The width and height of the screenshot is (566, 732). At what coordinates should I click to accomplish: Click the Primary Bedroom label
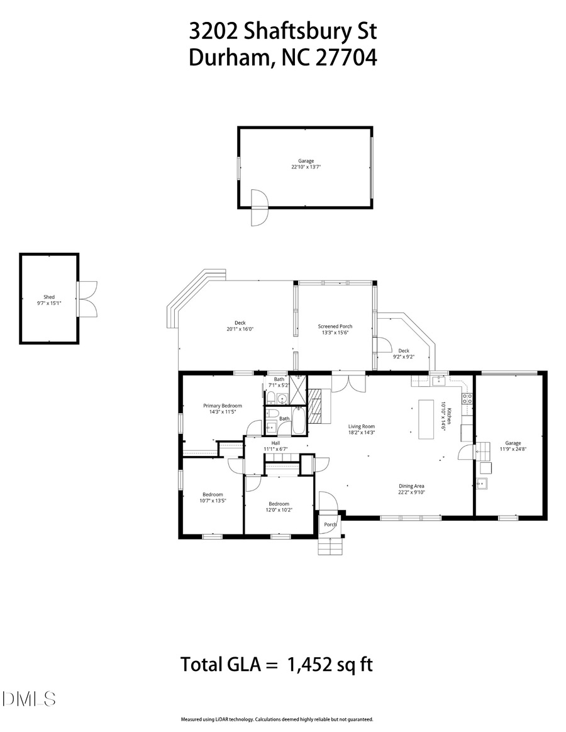tap(222, 406)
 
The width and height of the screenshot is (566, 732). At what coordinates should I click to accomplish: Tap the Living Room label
tap(362, 426)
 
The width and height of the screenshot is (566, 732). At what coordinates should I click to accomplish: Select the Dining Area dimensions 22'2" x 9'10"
tap(412, 492)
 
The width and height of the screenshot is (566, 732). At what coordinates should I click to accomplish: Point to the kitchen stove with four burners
tap(467, 398)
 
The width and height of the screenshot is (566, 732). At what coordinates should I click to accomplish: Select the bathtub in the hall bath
tap(299, 422)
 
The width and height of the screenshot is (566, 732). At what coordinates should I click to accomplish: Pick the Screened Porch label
tap(335, 326)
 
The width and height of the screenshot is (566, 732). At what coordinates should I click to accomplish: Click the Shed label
tap(49, 296)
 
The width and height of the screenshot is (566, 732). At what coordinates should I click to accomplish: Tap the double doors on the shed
tap(87, 298)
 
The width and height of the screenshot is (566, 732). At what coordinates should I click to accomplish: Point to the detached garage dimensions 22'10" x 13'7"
tap(306, 167)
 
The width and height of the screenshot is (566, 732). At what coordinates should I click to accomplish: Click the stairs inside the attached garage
tap(482, 449)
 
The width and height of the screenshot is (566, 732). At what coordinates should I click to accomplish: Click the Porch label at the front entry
tap(330, 524)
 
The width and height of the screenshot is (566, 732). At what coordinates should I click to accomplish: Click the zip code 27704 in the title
tap(345, 58)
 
